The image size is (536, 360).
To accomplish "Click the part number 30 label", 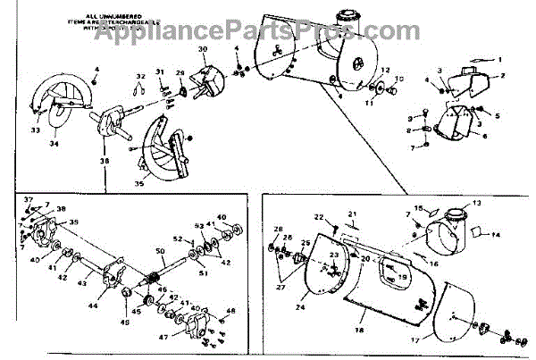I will click(202, 49).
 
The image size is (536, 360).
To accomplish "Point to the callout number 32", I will click(140, 76).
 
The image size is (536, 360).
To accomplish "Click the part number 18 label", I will click(358, 331).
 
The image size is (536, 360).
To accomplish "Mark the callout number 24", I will click(298, 308).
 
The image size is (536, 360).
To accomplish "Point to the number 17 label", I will click(438, 340).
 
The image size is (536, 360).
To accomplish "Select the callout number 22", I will click(318, 217).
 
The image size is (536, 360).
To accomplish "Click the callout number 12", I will click(386, 69).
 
